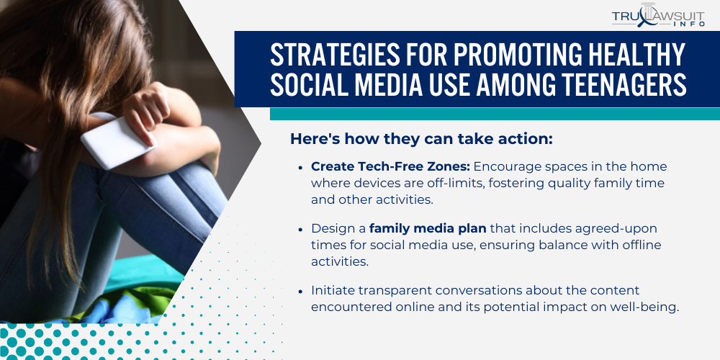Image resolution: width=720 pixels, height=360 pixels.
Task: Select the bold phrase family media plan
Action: click(x=428, y=228)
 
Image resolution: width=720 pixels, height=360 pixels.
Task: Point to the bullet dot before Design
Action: click(x=300, y=229)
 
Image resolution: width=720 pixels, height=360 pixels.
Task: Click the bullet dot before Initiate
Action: click(x=300, y=292)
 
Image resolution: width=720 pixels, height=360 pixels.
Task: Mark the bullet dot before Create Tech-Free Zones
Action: click(x=300, y=167)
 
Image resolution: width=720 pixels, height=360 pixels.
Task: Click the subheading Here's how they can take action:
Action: click(x=421, y=139)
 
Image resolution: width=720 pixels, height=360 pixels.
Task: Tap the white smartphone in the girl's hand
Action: click(x=117, y=143)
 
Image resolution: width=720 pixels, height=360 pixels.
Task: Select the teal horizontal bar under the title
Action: click(x=495, y=114)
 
